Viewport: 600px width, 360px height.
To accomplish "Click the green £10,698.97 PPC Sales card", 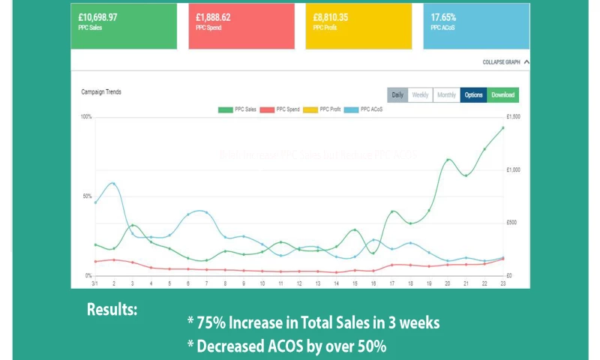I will coord(124,25).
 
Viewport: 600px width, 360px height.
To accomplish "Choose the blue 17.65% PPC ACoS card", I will coord(476,25).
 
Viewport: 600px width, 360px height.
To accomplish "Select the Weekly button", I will coord(420,95).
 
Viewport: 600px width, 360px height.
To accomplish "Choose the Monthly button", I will coord(446,95).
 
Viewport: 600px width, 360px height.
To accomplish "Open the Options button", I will coord(473,95).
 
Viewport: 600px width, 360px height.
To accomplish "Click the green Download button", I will coord(502,95).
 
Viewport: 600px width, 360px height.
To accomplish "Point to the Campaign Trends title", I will coord(101,92).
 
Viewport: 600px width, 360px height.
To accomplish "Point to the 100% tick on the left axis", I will coord(85,117).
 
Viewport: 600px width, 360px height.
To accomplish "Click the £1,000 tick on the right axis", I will coord(514,170).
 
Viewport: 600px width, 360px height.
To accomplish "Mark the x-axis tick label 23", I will coord(502,283).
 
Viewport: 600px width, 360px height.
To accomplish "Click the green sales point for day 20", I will coord(448,160).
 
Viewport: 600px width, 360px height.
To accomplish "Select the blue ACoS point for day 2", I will coord(113,183).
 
